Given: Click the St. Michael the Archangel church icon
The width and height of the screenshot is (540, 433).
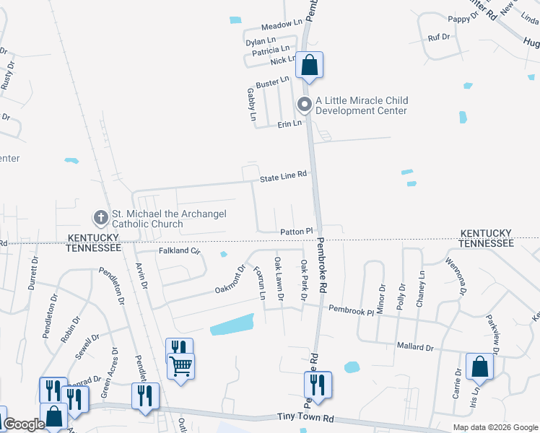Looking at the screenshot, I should tap(101, 216).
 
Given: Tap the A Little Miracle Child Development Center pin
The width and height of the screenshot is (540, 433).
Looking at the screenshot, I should tap(305, 105).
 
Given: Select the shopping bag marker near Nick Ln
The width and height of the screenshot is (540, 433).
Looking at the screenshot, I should tap(309, 66).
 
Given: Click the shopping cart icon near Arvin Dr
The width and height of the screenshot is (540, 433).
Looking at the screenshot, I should tap(180, 365).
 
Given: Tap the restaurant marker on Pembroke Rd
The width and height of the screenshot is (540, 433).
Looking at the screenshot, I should tap(317, 384).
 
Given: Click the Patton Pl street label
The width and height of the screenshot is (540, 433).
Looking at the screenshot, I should tap(297, 232).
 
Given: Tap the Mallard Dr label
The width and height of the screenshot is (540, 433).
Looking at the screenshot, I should tap(414, 347).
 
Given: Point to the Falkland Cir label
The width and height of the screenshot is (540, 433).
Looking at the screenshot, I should tap(178, 251).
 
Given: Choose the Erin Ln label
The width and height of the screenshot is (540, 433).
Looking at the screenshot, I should tap(289, 124).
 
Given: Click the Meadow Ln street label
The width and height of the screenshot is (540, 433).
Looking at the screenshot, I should tap(280, 25).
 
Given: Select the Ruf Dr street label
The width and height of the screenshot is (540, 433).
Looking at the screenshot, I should tap(439, 37).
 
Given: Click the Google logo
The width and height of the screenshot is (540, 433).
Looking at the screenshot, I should tap(24, 424).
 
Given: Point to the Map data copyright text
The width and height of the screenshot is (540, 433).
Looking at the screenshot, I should tap(495, 427).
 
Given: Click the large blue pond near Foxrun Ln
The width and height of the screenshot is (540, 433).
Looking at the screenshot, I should tap(232, 325).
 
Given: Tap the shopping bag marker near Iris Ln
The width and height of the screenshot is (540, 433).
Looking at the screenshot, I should tap(480, 367).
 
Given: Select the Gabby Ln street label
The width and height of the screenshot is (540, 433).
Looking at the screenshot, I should tap(252, 105).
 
